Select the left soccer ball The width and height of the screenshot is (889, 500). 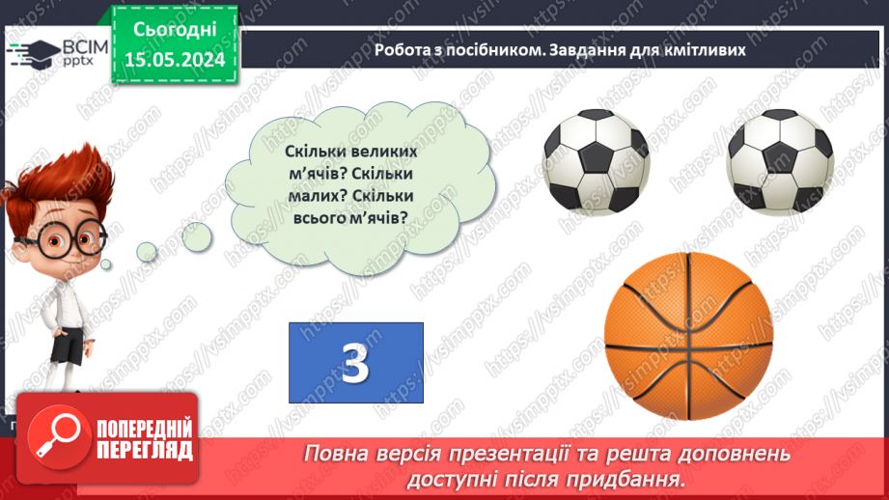click(596, 162)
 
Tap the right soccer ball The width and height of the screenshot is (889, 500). click(779, 162)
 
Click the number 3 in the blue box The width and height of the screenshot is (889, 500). click(355, 363)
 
